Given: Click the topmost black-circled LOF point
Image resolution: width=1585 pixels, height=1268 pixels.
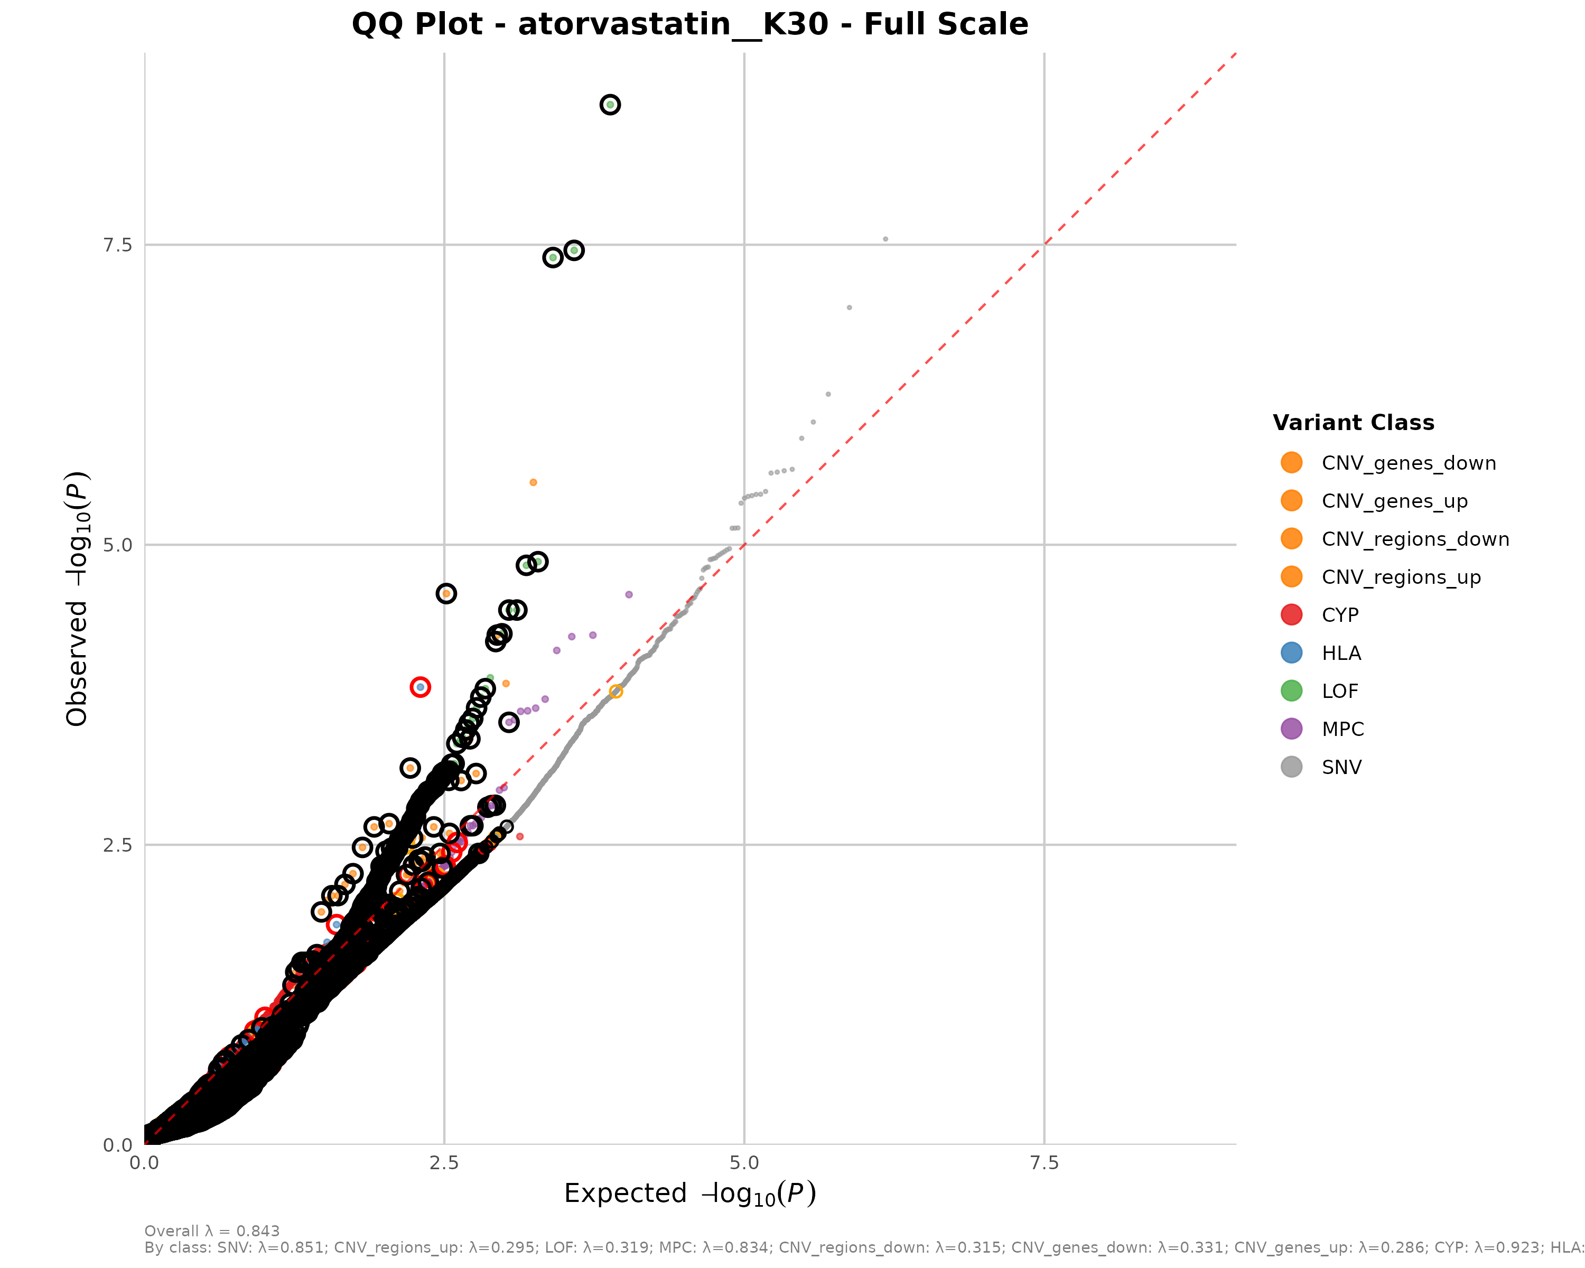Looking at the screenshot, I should pos(610,105).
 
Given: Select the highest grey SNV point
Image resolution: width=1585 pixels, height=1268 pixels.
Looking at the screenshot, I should pos(885,239).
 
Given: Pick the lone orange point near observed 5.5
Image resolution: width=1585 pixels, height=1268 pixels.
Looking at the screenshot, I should pos(533,482).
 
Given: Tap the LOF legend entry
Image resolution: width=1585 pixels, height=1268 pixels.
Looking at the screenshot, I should pos(1339,691).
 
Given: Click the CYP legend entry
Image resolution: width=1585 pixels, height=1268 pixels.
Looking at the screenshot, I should pos(1339,616).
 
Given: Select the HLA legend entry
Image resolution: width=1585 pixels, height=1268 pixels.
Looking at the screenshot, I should pos(1341,652).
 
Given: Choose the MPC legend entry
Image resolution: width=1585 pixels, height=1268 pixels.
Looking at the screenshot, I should pos(1342,729).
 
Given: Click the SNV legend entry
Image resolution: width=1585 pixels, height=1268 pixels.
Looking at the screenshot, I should pos(1341,768).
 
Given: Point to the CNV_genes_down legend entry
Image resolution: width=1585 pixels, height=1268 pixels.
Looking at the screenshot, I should pos(1408,463).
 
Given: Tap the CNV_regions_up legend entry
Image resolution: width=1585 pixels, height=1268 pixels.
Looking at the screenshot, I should pos(1401,577).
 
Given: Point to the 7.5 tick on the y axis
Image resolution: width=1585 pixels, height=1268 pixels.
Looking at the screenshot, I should pos(118,245).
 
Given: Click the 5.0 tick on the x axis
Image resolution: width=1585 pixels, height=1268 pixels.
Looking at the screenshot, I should pos(744,1163).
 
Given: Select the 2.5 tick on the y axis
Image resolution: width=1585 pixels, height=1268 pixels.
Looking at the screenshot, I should pos(118,845).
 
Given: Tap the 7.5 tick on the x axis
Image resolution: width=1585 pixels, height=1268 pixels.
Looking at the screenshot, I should pos(1044,1163).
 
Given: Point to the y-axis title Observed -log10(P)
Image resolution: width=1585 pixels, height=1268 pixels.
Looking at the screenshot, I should pos(77,599).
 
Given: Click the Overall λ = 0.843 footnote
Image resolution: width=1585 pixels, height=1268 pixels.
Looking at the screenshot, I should pos(212,1231).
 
